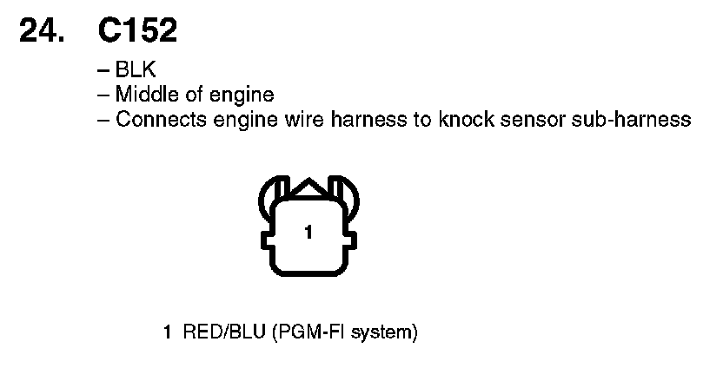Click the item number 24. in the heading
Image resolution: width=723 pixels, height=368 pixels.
tap(42, 33)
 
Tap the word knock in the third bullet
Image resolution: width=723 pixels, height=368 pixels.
tap(461, 119)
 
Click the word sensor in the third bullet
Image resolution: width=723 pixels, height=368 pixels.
tap(532, 119)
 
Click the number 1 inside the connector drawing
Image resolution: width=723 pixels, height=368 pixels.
tap(308, 232)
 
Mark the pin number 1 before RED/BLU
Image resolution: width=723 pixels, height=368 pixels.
tap(168, 332)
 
